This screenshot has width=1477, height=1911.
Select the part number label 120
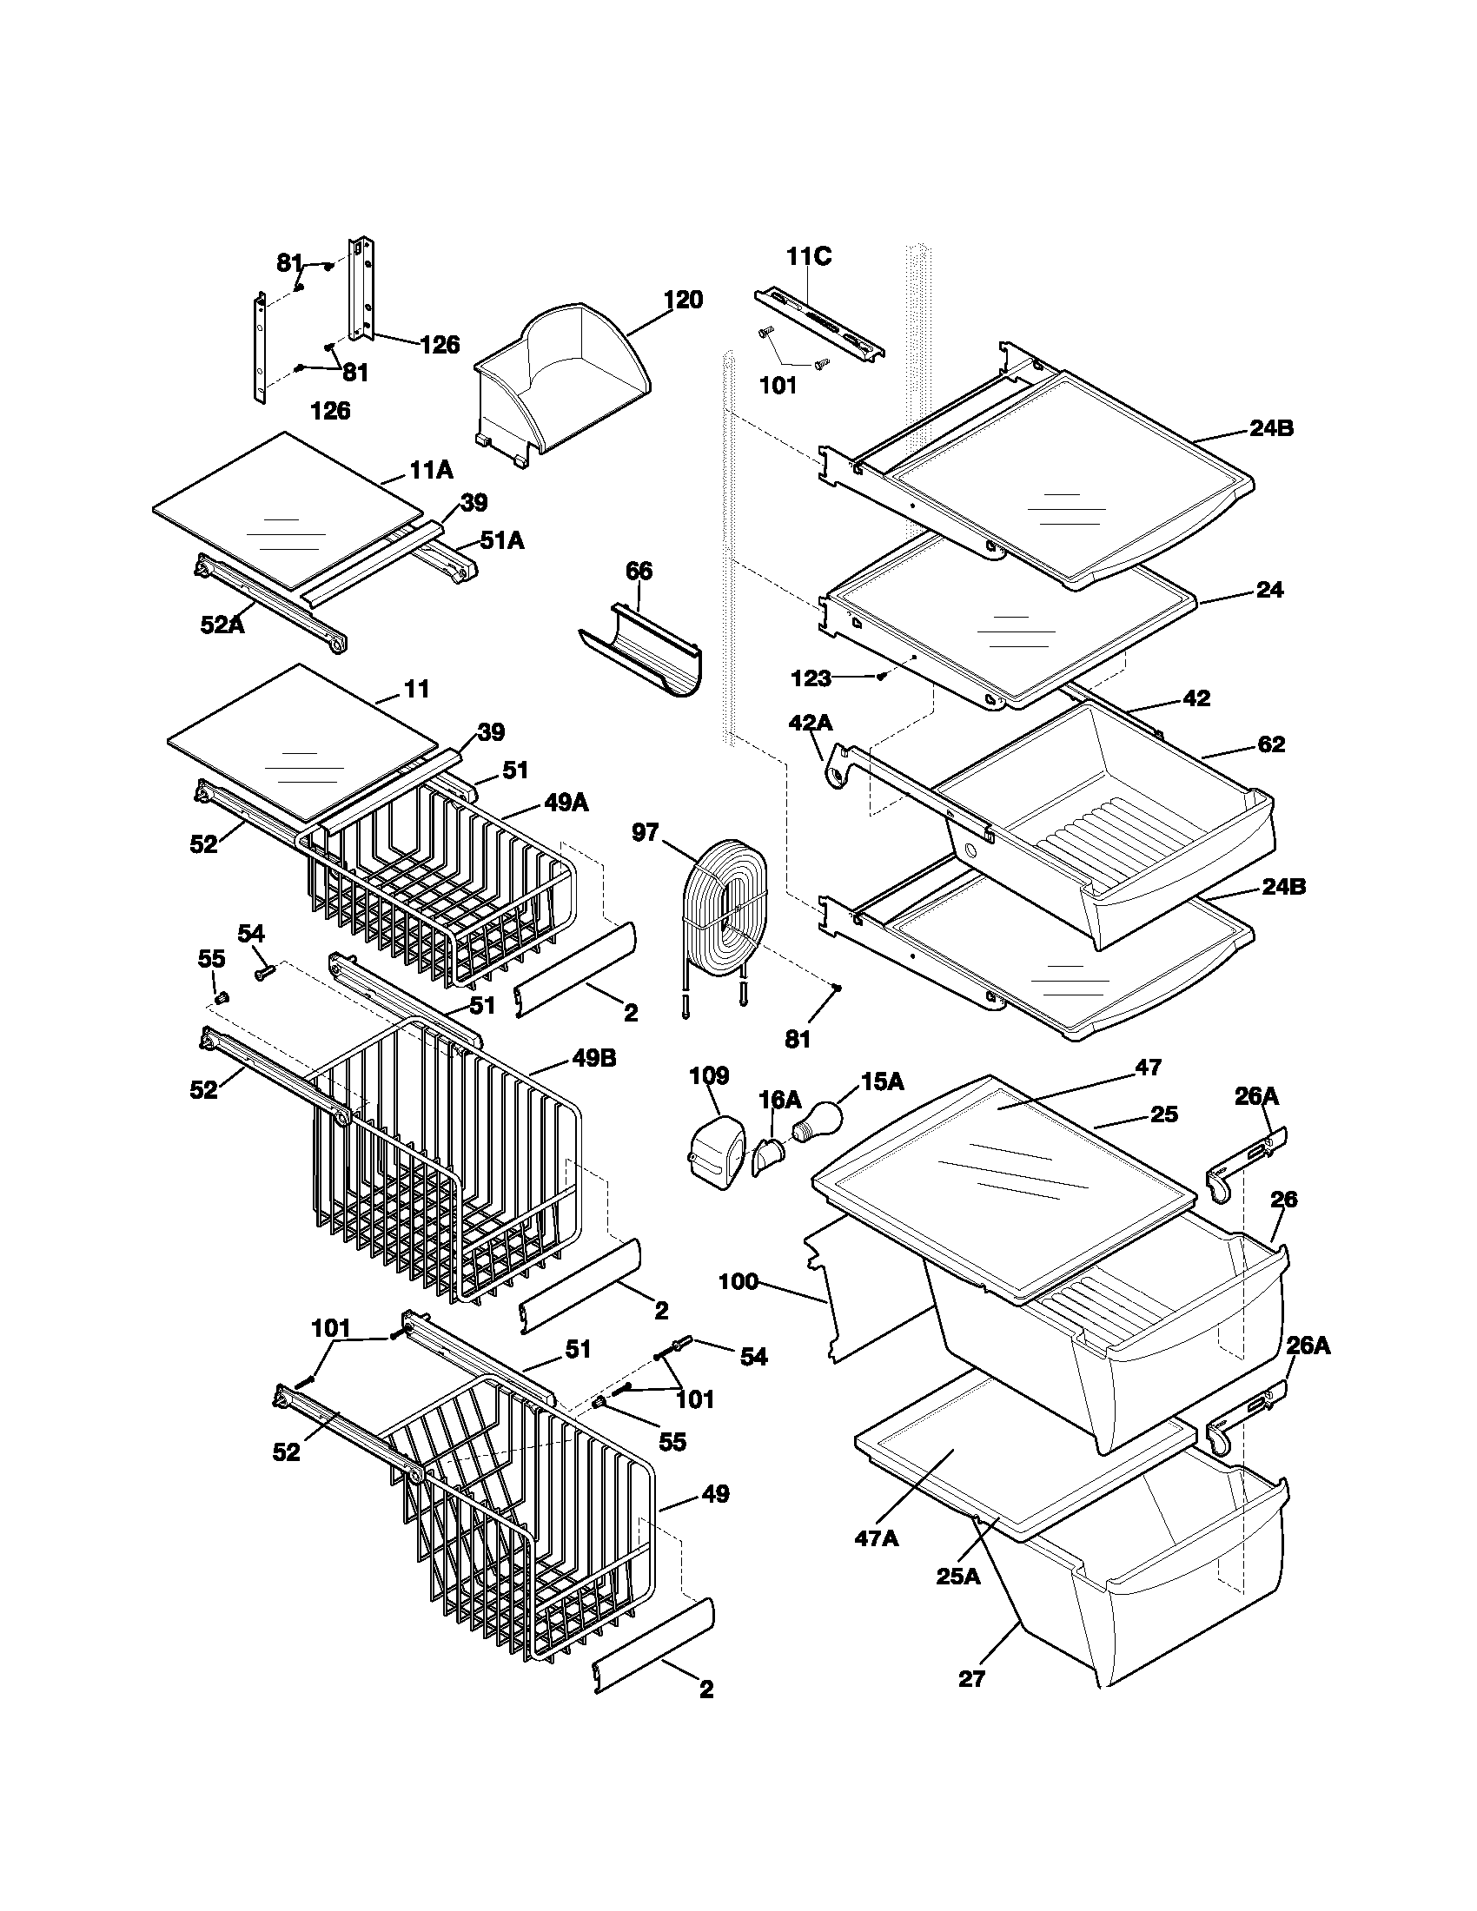tap(683, 301)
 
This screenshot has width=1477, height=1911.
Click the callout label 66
tap(639, 572)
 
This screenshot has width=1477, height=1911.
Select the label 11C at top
tap(809, 256)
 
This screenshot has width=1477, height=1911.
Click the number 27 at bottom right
tap(971, 1678)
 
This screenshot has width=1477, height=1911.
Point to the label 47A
tap(877, 1538)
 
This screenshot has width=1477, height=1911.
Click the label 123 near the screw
tap(811, 678)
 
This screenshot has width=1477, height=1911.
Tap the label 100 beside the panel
tap(738, 1283)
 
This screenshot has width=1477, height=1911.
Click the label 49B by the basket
tap(594, 1058)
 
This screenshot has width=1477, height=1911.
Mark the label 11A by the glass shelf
tap(432, 471)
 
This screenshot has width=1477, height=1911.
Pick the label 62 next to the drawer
tap(1270, 744)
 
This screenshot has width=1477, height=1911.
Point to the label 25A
tap(958, 1576)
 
